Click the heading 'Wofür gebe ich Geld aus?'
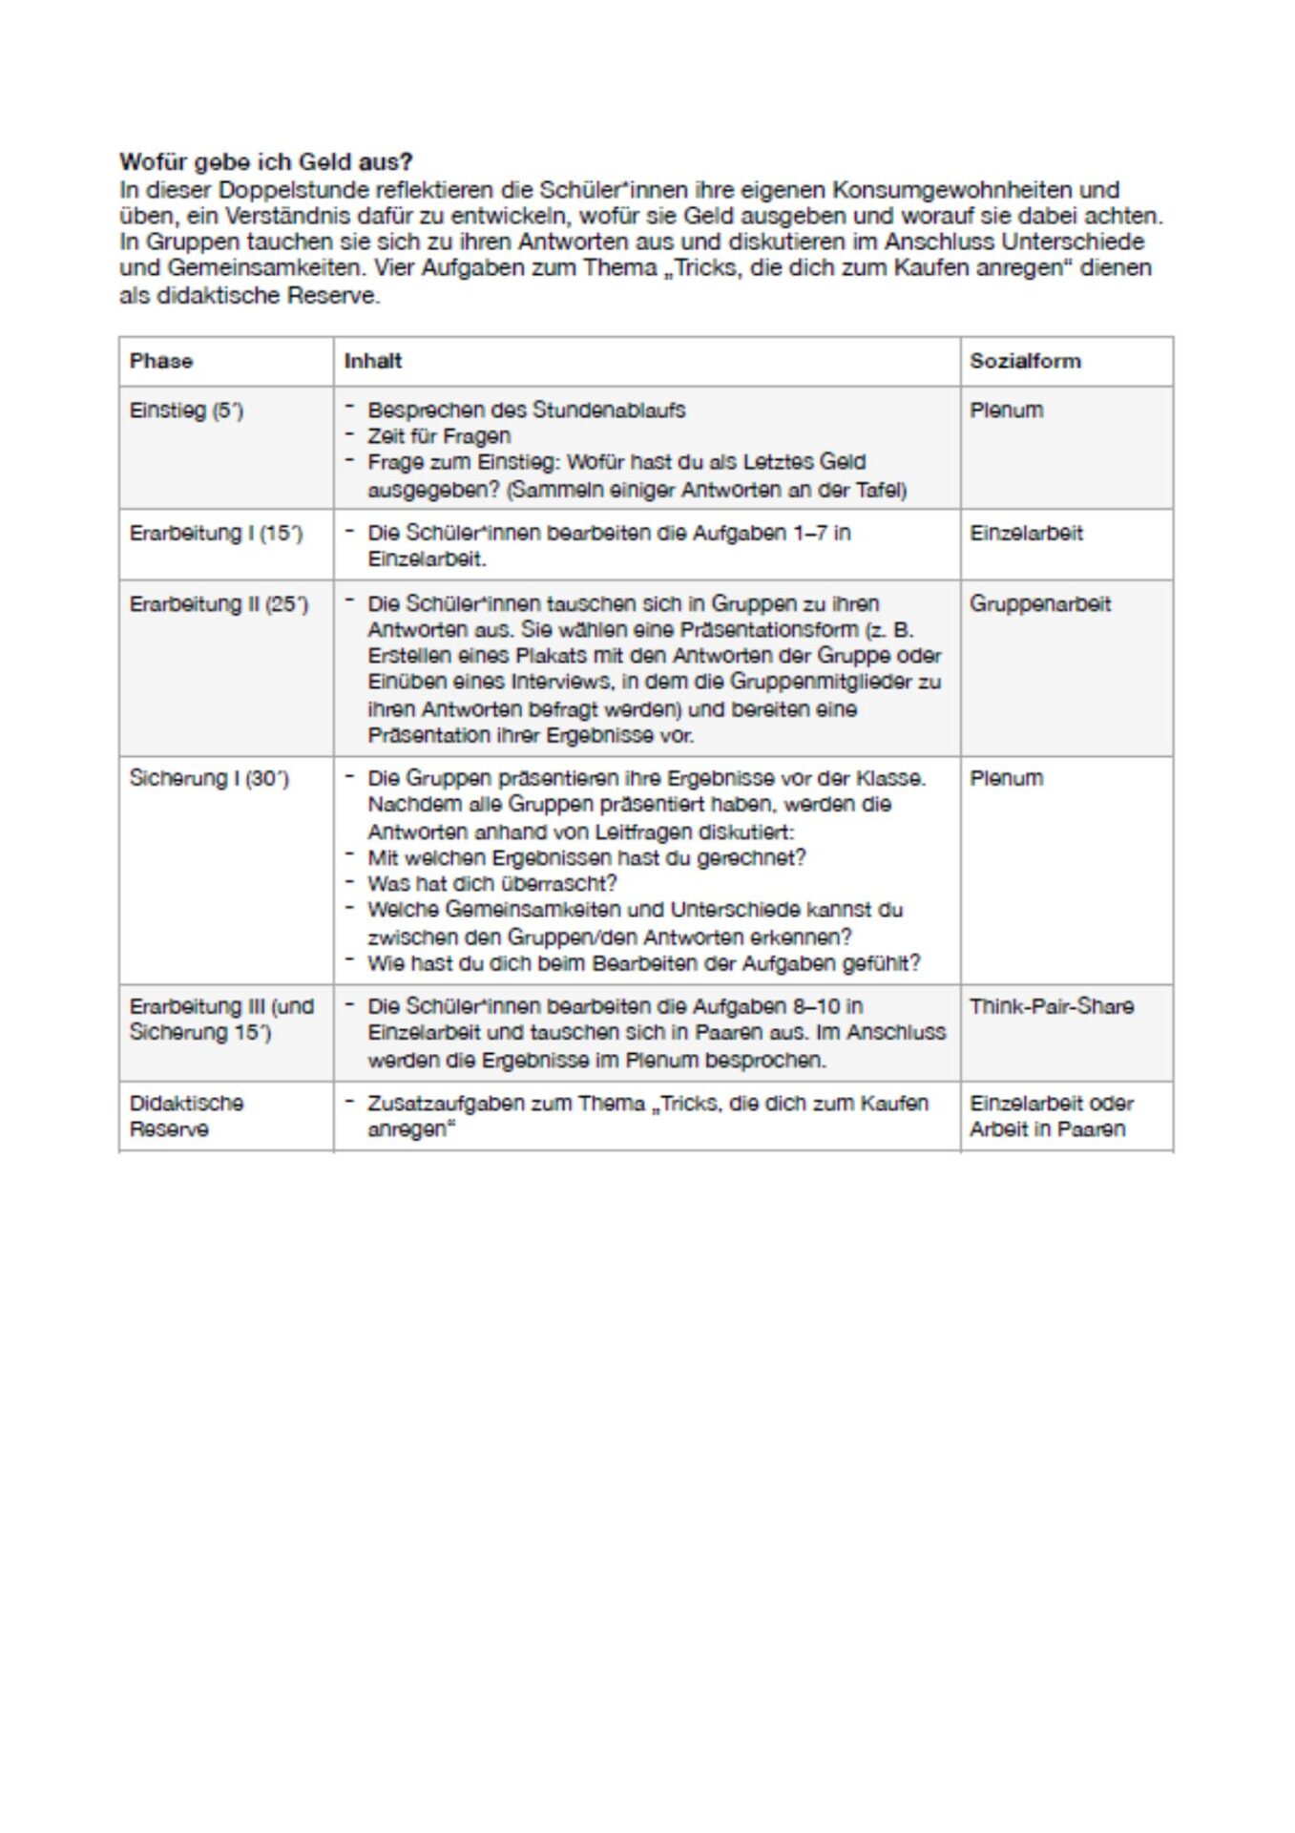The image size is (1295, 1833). point(265,161)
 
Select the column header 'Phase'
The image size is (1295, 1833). point(161,361)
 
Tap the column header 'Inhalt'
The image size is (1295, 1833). point(373,361)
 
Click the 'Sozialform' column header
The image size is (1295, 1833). point(1025,361)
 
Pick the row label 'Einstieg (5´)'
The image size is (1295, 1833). point(186,411)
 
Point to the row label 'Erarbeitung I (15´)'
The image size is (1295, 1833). point(216,533)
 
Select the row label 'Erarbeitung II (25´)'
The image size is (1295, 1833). point(219,604)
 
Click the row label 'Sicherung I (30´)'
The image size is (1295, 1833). point(208,778)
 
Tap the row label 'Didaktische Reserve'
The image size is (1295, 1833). point(186,1115)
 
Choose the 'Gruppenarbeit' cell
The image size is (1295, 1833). point(1040,603)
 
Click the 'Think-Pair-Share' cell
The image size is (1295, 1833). point(1052,1006)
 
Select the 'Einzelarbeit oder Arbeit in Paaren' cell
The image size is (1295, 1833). point(1051,1115)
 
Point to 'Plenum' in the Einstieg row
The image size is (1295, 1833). point(1006,411)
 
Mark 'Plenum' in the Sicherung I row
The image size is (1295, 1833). point(1006,778)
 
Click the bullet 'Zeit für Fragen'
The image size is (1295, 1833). point(439,436)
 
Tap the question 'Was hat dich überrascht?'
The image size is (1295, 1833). point(492,883)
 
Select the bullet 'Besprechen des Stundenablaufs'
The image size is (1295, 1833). point(526,411)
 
